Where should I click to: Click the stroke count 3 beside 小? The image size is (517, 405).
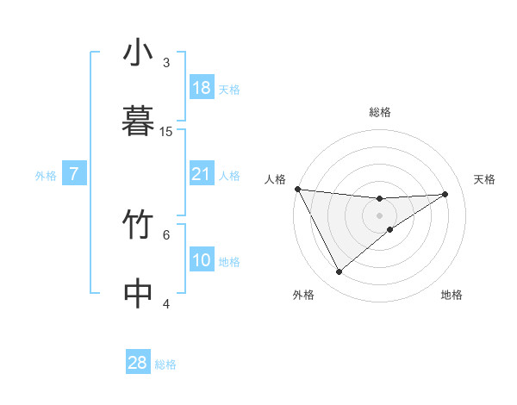166,63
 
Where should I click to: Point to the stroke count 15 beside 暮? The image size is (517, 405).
166,131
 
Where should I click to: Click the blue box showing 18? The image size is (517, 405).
202,88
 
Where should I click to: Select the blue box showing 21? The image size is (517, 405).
202,174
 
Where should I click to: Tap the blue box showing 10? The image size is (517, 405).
202,260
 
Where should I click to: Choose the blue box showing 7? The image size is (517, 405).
74,174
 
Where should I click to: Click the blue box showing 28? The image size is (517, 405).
138,363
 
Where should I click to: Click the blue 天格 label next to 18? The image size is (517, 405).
229,90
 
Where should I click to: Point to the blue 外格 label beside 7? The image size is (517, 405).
46,176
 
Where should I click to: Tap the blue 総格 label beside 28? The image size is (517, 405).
165,364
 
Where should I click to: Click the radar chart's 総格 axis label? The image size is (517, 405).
380,112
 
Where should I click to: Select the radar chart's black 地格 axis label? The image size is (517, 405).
452,295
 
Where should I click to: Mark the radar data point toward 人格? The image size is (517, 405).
297,189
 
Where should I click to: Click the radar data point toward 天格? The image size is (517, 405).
445,194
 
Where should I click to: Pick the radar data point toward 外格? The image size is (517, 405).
339,271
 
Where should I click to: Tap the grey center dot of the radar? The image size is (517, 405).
380,215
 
